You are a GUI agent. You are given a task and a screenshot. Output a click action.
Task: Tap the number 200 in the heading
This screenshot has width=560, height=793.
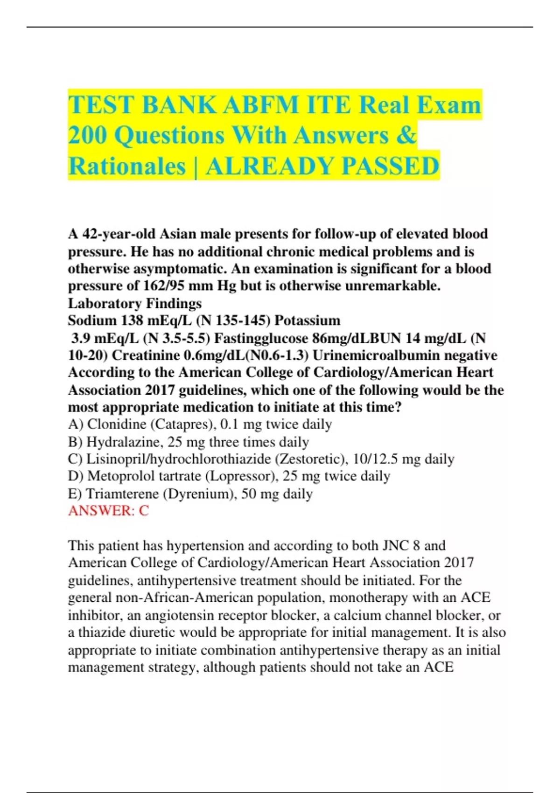(x=87, y=135)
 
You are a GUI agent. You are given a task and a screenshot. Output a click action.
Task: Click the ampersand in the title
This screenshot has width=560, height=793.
(x=407, y=135)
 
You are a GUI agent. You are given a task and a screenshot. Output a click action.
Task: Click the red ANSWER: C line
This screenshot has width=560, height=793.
(x=108, y=511)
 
